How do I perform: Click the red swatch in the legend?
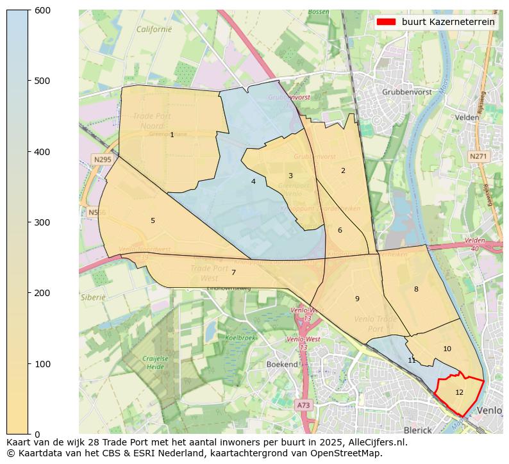(386, 22)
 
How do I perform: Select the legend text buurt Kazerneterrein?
(448, 22)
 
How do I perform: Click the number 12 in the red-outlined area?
(459, 392)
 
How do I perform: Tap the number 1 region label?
(172, 135)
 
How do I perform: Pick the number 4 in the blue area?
(253, 181)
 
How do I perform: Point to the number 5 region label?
(153, 220)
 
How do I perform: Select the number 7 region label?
(233, 272)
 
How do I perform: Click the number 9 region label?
(357, 299)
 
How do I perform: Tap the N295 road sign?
(103, 160)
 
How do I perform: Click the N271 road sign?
(478, 156)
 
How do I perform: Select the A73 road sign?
(304, 405)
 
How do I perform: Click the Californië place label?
(154, 29)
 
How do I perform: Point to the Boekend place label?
(282, 364)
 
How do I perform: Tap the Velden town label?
(467, 117)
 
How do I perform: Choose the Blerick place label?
(418, 430)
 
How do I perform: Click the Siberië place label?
(93, 297)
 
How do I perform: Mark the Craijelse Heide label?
(156, 363)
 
